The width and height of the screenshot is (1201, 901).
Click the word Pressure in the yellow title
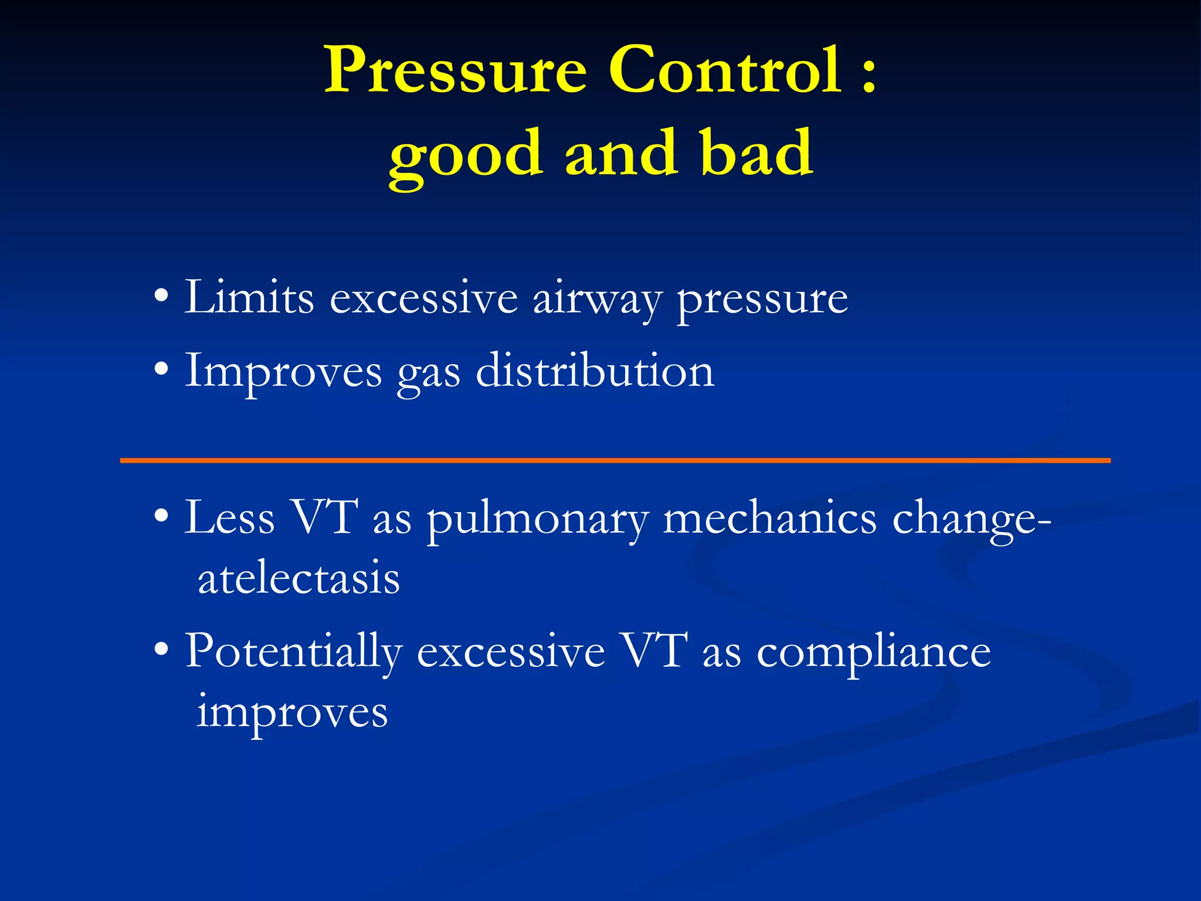pyautogui.click(x=456, y=72)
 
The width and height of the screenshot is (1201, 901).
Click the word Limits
pyautogui.click(x=249, y=298)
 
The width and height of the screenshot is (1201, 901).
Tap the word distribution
pyautogui.click(x=595, y=371)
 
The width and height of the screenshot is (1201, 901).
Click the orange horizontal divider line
pyautogui.click(x=615, y=460)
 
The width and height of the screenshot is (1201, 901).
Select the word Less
pyautogui.click(x=229, y=517)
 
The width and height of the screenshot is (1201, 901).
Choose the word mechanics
pyautogui.click(x=769, y=517)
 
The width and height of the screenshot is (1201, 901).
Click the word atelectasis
pyautogui.click(x=298, y=578)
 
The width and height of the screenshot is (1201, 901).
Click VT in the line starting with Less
pyautogui.click(x=325, y=517)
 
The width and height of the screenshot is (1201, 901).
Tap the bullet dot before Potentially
pyautogui.click(x=162, y=650)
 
